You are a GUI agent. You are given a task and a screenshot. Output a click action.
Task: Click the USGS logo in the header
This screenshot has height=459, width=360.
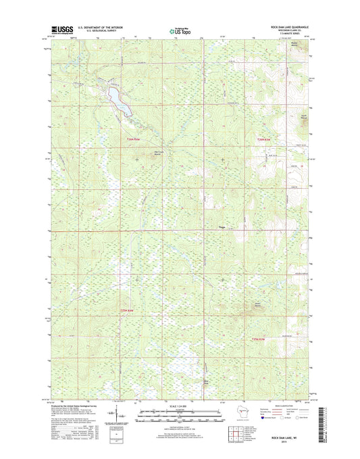click(62, 30)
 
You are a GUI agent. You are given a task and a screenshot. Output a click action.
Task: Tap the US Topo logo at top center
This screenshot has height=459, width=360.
click(180, 30)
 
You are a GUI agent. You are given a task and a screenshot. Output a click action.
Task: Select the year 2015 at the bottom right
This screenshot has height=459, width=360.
click(294, 443)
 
